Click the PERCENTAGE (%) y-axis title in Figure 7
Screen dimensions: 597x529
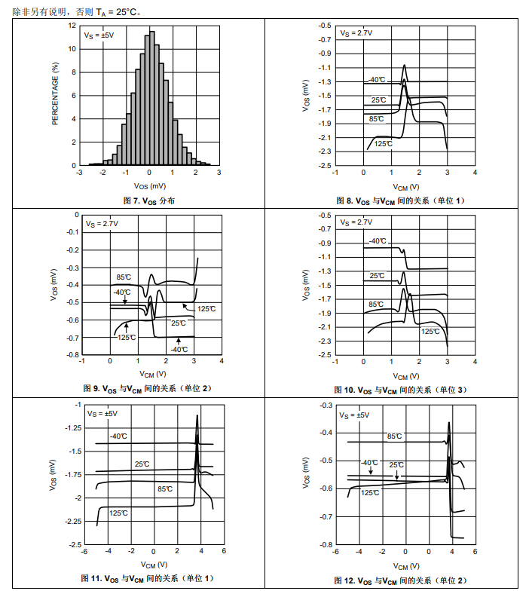tap(55, 94)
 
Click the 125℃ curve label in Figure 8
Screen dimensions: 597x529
tap(384, 143)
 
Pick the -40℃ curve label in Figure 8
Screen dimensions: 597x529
tap(376, 79)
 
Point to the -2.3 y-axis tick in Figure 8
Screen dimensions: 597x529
tap(324, 152)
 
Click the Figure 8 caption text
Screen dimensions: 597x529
tap(401, 201)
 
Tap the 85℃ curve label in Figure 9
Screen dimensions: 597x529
tap(124, 277)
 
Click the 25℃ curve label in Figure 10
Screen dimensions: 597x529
tap(378, 276)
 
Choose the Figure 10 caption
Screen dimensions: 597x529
tap(401, 390)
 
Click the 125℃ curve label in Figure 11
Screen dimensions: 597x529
tap(118, 513)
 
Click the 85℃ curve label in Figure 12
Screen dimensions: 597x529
tap(394, 436)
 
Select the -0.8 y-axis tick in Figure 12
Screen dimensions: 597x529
tap(325, 544)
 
